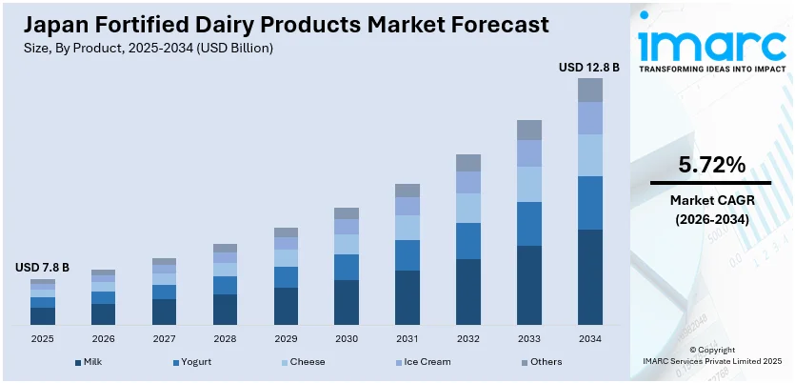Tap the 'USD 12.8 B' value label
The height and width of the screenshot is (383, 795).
[x=589, y=67]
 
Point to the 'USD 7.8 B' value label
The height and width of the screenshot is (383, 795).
[x=42, y=269]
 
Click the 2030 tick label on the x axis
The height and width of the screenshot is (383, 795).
[x=347, y=338]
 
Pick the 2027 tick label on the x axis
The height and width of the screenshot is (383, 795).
[x=164, y=338]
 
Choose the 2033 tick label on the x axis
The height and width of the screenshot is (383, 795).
[x=528, y=338]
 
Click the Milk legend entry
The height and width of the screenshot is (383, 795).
[x=89, y=362]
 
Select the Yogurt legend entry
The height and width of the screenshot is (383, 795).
[x=191, y=362]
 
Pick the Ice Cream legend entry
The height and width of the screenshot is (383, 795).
[x=422, y=362]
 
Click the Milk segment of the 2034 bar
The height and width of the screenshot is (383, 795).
[x=590, y=276]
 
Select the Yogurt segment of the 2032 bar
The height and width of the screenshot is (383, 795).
[x=468, y=241]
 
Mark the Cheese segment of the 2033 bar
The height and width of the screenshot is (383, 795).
[x=529, y=184]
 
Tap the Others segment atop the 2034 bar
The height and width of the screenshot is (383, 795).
[x=590, y=90]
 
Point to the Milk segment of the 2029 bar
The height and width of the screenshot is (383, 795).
[x=286, y=306]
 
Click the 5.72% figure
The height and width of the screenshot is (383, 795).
[x=711, y=165]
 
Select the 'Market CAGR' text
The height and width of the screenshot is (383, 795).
[x=711, y=200]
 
